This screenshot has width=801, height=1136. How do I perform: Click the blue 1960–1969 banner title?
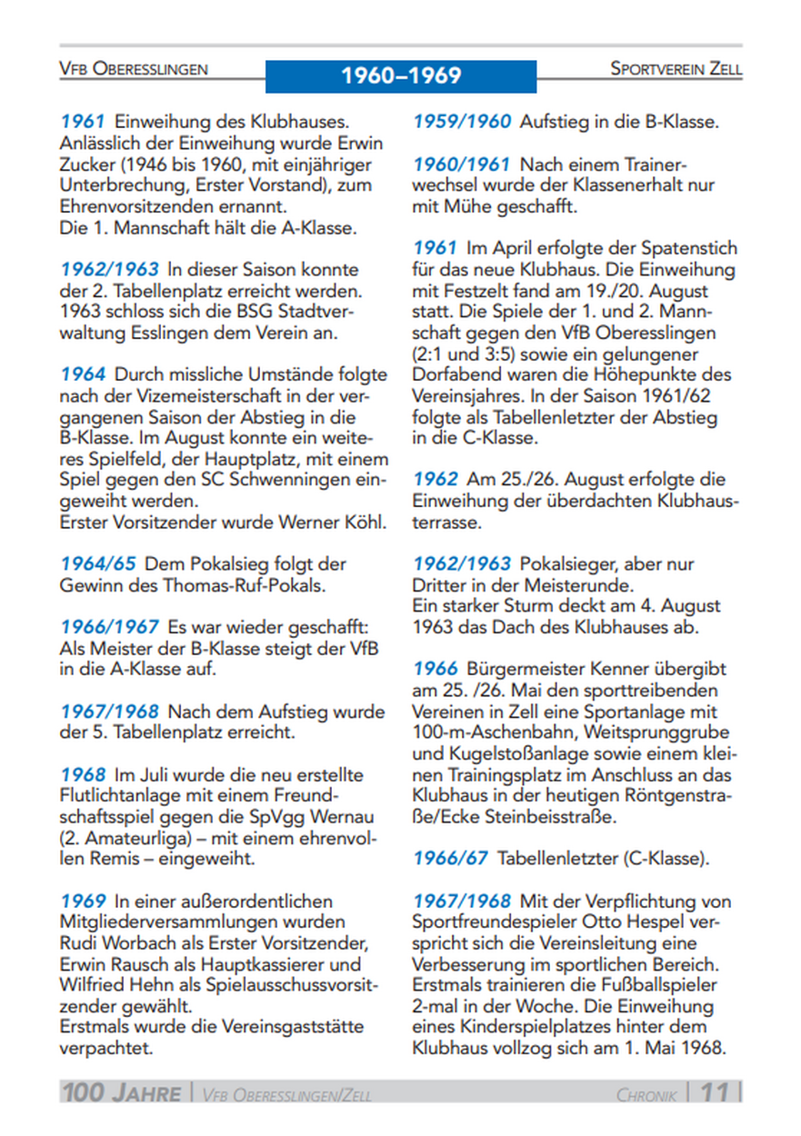[x=401, y=75]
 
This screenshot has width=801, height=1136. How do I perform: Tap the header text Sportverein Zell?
[x=676, y=69]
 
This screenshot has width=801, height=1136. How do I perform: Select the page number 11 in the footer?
[x=715, y=1091]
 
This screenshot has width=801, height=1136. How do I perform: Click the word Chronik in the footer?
[x=646, y=1094]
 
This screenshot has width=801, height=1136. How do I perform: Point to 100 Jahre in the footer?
[x=121, y=1092]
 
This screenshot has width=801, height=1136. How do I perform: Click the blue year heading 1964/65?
[x=99, y=564]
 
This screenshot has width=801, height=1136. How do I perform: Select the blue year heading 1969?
[x=84, y=901]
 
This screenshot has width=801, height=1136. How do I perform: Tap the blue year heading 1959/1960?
[x=462, y=121]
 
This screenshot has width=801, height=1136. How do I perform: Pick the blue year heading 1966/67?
[x=451, y=857]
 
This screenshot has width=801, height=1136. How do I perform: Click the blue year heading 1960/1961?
[x=462, y=164]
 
